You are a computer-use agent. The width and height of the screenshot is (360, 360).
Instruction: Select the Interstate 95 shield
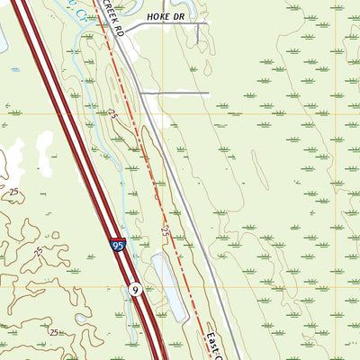119,244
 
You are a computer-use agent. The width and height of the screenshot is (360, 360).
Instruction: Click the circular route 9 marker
133,289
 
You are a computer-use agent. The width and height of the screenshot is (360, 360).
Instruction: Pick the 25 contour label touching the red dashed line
167,232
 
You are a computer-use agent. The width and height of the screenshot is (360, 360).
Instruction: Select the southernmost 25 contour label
56,333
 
